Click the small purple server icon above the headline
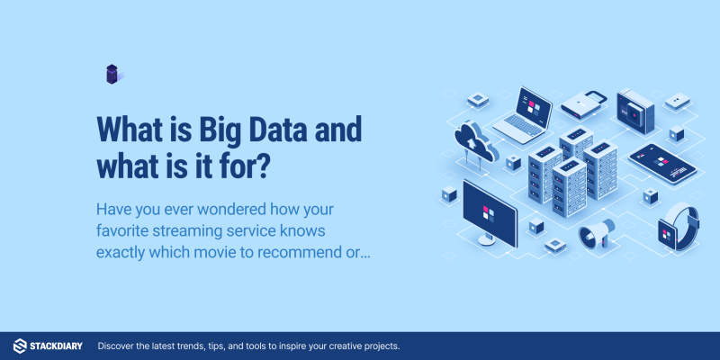[112, 74]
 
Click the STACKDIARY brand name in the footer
[56, 346]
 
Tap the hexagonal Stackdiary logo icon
[20, 346]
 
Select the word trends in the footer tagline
[195, 346]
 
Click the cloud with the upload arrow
[476, 140]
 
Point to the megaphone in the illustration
[597, 233]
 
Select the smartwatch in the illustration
[679, 227]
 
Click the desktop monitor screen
[490, 212]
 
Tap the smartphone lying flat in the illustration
[662, 164]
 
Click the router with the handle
[583, 105]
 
